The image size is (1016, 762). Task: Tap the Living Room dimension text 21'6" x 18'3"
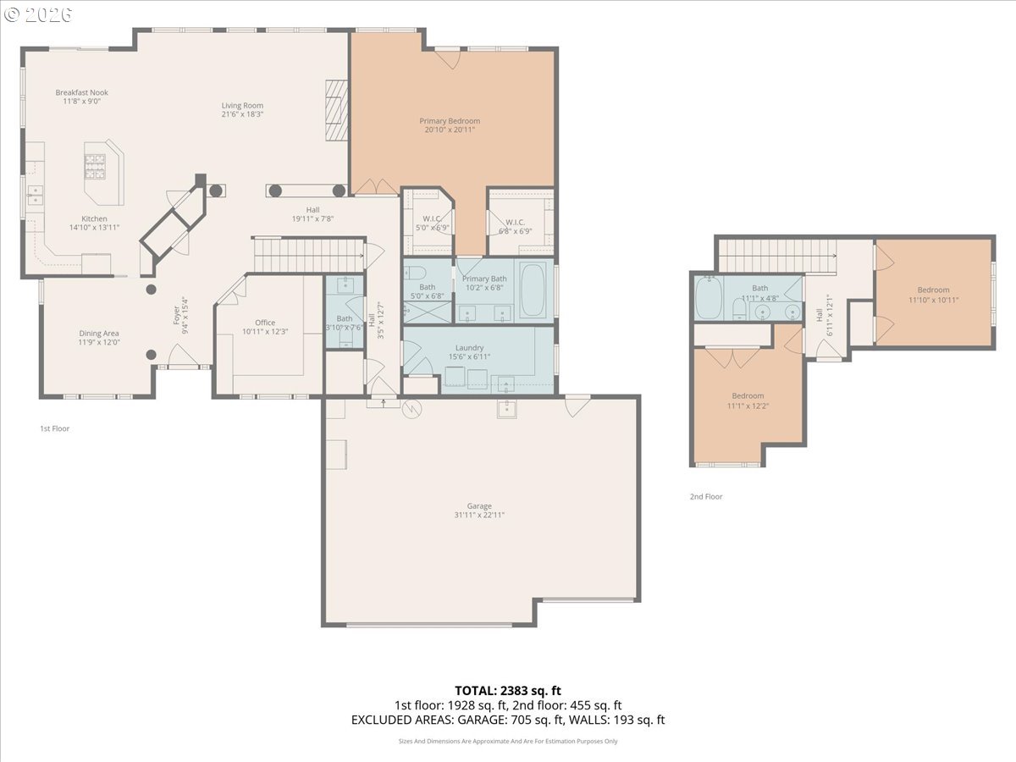[242, 114]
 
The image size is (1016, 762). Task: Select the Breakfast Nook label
[82, 92]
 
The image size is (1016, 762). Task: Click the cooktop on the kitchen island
[94, 166]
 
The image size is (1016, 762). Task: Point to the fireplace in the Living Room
[338, 109]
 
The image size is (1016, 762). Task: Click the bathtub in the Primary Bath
[534, 290]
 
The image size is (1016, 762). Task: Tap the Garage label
[479, 506]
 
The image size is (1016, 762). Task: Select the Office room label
[265, 323]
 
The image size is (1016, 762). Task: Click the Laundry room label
[469, 348]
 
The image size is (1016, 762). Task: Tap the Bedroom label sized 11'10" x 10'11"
[933, 290]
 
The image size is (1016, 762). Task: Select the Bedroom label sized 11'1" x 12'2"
[748, 395]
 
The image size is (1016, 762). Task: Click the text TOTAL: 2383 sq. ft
[507, 690]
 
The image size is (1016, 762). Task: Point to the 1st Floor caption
[55, 428]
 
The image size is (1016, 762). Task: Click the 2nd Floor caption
[705, 496]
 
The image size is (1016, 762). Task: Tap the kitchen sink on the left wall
[35, 196]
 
